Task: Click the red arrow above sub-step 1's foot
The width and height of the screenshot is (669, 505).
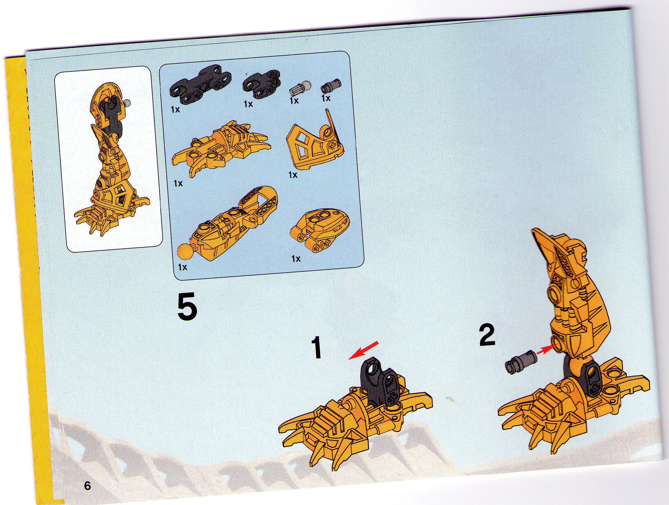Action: point(363,350)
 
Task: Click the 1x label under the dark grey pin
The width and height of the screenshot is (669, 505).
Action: point(326,98)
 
